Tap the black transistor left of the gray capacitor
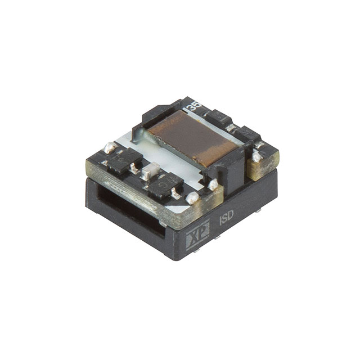123,161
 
